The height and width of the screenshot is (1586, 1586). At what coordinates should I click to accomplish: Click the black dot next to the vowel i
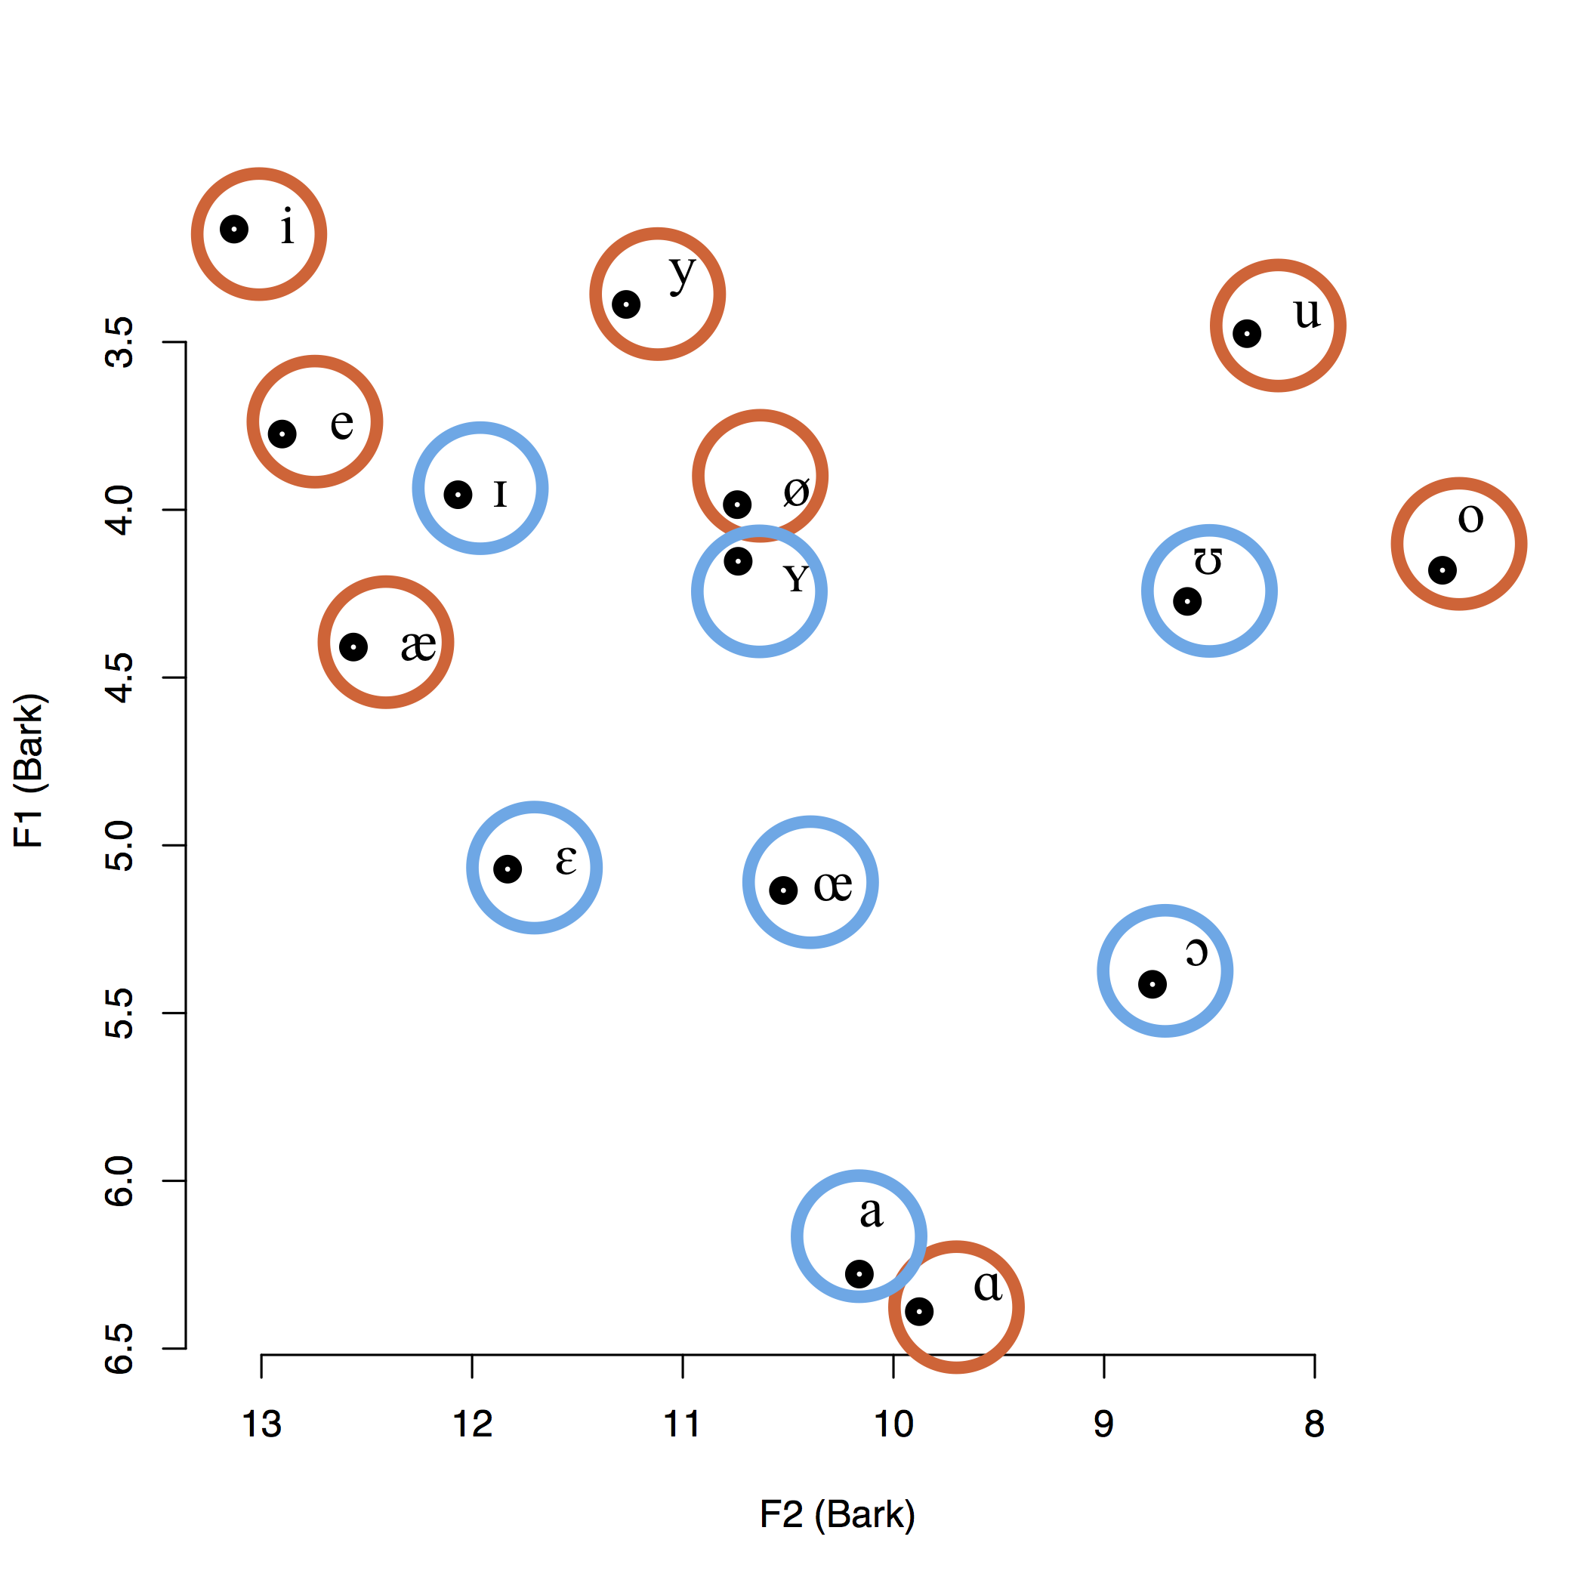point(234,229)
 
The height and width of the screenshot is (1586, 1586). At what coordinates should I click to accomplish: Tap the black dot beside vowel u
point(1246,333)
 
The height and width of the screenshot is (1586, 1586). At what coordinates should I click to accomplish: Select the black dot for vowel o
point(1442,569)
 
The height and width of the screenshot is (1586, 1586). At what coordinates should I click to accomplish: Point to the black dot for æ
point(353,647)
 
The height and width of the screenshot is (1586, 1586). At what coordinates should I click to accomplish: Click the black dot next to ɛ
point(508,869)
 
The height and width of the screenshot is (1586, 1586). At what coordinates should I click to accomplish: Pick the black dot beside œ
point(783,890)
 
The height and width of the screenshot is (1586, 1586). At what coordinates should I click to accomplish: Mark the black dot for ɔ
point(1152,984)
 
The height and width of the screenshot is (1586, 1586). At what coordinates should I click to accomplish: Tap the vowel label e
point(341,423)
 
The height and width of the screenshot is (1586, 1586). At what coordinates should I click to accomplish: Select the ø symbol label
point(795,492)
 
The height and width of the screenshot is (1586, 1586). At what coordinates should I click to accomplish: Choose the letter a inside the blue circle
point(871,1211)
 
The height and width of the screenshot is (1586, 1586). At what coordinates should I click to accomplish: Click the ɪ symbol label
point(500,494)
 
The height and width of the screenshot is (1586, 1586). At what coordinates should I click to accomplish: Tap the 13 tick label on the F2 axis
point(261,1424)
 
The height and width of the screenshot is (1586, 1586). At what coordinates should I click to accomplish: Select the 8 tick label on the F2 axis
point(1314,1424)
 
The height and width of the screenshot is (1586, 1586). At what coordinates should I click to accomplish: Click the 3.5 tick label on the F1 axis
point(120,342)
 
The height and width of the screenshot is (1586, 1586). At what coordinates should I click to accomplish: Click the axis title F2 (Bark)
point(837,1514)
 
